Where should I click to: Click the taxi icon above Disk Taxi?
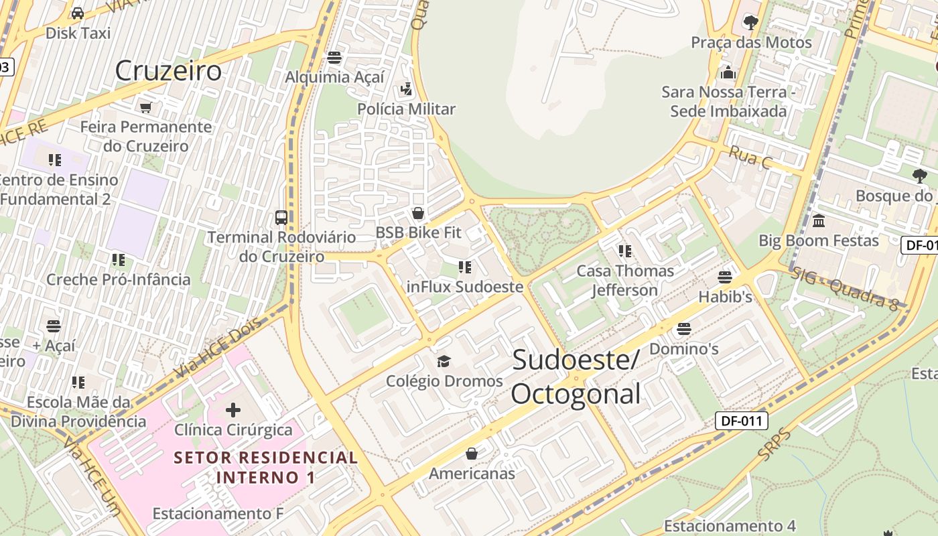tap(78, 13)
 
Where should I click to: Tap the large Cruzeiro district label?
tap(168, 70)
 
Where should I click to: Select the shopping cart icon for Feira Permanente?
tap(145, 107)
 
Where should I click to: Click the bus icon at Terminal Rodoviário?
tap(281, 218)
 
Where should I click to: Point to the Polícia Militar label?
tap(406, 109)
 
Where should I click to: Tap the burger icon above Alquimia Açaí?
tap(334, 58)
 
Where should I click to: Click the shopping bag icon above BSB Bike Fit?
tap(418, 214)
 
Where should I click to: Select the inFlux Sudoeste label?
tap(465, 287)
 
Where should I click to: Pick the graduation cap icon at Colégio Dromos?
tap(444, 362)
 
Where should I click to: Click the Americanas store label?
tap(472, 474)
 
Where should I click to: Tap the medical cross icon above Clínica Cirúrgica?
tap(233, 409)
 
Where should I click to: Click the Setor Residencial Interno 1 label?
tap(266, 468)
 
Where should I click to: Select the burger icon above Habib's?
tap(725, 277)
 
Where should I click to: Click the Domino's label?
tap(684, 349)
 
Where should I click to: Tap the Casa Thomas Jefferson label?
tap(625, 280)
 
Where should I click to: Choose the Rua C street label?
tap(750, 157)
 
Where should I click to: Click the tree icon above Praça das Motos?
tap(751, 23)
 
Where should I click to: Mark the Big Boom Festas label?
tap(819, 240)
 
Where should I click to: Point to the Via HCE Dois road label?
tap(216, 352)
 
